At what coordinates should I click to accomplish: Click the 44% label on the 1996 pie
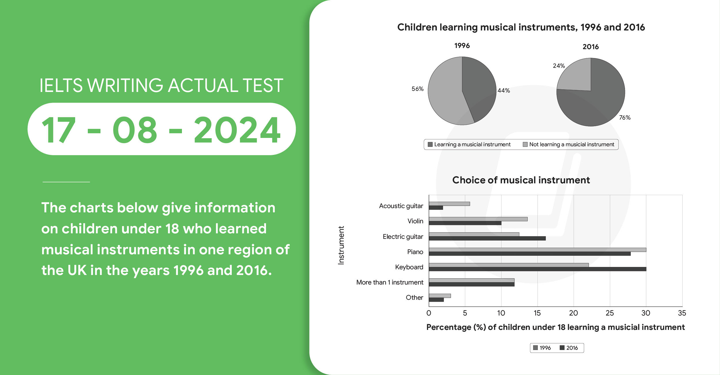(504, 91)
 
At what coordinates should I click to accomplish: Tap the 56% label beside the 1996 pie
(417, 89)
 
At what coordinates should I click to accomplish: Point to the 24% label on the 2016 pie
(559, 66)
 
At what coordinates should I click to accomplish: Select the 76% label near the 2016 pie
(625, 118)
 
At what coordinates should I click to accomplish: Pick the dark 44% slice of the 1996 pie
(479, 86)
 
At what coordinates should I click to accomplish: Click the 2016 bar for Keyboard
(537, 269)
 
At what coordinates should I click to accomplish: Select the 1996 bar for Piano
(537, 250)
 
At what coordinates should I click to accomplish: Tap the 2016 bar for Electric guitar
(487, 239)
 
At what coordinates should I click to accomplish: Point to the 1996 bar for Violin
(478, 219)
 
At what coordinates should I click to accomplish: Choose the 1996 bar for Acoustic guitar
(449, 204)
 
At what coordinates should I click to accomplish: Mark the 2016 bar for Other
(436, 300)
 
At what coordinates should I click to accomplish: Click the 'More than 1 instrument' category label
(390, 282)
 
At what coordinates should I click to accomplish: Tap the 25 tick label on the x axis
(609, 313)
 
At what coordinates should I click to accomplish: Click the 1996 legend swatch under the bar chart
(535, 348)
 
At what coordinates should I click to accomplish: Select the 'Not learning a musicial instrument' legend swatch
(525, 145)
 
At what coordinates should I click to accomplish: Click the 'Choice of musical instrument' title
(521, 180)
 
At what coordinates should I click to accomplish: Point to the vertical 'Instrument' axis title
(341, 245)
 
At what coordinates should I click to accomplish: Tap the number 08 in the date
(135, 130)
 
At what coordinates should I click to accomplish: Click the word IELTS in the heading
(61, 86)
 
